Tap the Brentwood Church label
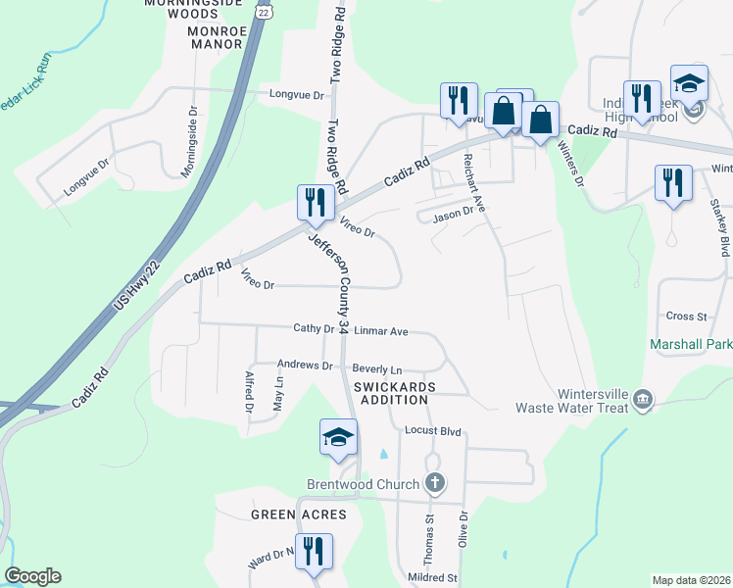363,484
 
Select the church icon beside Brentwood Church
435,483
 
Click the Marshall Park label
690,345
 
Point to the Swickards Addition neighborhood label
391,393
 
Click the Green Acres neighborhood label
299,514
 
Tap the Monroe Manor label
200,44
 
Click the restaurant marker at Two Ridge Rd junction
315,203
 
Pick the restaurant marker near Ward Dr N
315,551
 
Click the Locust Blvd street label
432,431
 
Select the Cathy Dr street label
314,329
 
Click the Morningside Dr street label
190,141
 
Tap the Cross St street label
686,317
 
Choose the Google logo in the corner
32,576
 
